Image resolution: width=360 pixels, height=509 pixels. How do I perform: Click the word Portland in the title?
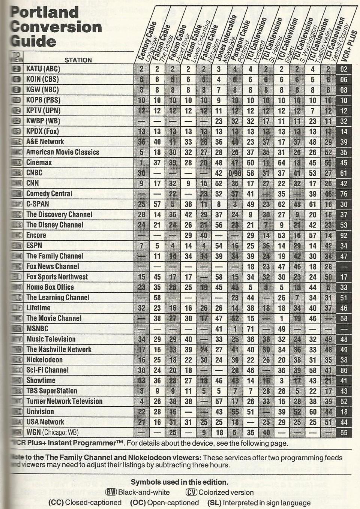point(44,12)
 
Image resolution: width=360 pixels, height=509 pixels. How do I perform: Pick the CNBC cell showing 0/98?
point(235,173)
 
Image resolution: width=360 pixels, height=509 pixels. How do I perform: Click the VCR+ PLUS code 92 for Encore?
point(344,235)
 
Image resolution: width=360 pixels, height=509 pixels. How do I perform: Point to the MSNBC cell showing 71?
point(250,329)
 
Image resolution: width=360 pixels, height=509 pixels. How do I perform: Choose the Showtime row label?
point(41,380)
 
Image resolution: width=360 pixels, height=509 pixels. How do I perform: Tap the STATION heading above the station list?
point(78,60)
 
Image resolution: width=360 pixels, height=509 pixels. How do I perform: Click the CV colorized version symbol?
point(191,493)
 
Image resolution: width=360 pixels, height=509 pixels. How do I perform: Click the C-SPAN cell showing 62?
point(281,204)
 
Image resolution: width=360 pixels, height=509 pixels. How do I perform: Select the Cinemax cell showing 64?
point(281,162)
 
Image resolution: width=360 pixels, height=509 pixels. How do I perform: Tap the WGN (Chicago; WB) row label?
point(52,432)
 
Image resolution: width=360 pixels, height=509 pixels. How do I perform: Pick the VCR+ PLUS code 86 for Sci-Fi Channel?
point(344,370)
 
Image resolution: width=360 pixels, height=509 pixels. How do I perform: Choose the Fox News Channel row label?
point(52,266)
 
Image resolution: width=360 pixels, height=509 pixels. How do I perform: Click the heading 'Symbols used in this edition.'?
point(179,482)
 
